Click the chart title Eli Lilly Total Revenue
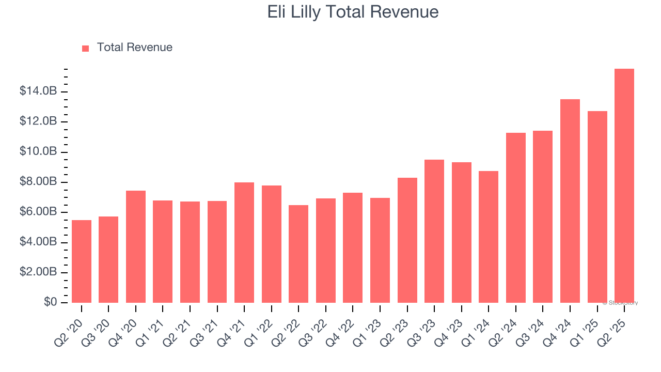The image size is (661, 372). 353,12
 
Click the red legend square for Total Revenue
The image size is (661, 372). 86,48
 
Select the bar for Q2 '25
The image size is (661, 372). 624,186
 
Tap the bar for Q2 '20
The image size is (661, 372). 82,261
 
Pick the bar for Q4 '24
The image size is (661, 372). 570,201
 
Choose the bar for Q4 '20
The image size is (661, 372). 136,246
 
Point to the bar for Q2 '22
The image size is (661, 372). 298,254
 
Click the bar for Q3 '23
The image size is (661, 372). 434,231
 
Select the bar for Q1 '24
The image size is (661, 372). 489,237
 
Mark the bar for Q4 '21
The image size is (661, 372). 244,242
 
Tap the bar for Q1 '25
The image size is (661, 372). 597,207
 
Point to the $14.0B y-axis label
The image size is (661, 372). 38,91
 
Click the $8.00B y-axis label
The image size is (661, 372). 38,182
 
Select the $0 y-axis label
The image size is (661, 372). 50,302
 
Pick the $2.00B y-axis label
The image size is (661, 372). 38,272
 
